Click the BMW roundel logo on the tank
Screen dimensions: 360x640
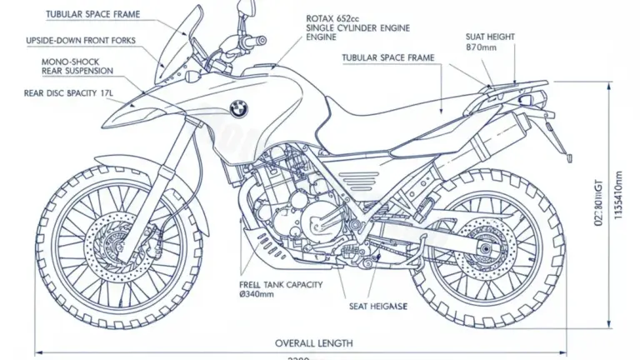click(x=239, y=108)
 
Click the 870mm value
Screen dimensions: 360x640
click(x=482, y=48)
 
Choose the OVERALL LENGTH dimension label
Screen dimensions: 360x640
click(x=313, y=342)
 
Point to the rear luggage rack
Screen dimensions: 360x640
click(x=517, y=85)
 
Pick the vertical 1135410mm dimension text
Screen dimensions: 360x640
click(x=617, y=201)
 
